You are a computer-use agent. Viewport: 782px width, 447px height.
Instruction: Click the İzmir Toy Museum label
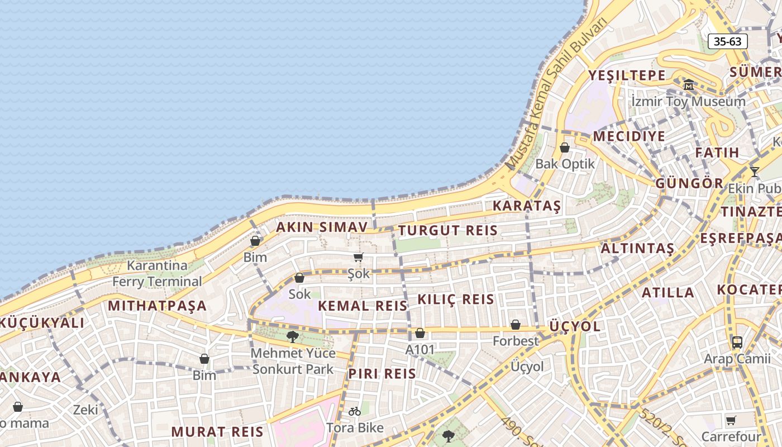(688, 102)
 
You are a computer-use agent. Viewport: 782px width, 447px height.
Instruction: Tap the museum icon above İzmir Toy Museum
(688, 85)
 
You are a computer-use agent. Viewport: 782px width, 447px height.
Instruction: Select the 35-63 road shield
(727, 41)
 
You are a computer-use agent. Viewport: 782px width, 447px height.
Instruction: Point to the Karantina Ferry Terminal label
(157, 273)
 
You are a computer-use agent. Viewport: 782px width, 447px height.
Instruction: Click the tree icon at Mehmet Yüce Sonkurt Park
(292, 336)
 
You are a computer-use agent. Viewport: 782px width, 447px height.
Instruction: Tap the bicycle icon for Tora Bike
(355, 411)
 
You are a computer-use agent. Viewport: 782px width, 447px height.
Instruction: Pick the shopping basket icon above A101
(420, 334)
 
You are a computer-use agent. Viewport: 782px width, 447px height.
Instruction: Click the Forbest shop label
(516, 340)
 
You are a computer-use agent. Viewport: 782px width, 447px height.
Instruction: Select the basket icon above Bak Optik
(565, 148)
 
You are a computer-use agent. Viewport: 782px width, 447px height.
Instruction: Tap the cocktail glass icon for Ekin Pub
(755, 172)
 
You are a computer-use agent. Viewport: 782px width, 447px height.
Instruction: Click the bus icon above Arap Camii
(737, 343)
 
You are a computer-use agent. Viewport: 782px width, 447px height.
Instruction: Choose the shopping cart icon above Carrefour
(731, 420)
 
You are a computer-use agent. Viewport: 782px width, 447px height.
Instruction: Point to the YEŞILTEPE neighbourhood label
(627, 75)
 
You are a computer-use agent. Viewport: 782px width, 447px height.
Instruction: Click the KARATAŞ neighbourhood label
(526, 206)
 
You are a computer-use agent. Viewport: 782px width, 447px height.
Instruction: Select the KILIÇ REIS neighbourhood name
(456, 299)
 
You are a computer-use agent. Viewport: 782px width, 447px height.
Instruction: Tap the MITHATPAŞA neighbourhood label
(158, 306)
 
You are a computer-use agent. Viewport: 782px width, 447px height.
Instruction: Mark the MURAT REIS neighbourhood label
(217, 431)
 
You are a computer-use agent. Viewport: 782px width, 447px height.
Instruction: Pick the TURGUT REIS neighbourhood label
(447, 230)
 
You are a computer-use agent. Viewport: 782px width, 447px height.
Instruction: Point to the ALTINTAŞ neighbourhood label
(637, 249)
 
